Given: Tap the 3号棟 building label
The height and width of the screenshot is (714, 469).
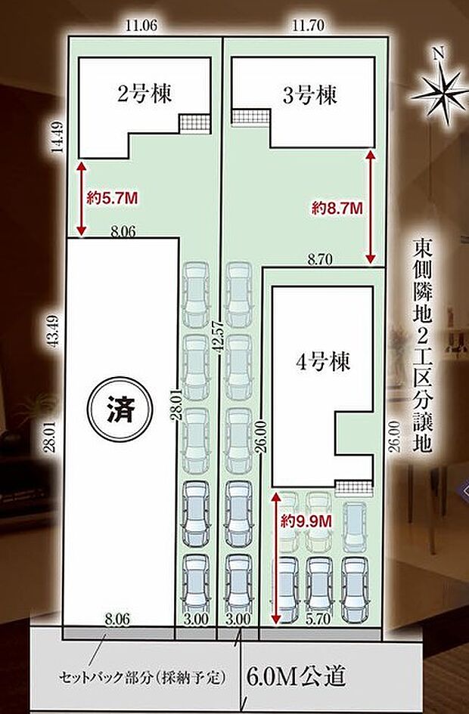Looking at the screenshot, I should [x=309, y=96].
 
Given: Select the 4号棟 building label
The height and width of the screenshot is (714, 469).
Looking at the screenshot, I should [x=322, y=362].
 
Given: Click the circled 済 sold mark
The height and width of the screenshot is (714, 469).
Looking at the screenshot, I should [x=117, y=413].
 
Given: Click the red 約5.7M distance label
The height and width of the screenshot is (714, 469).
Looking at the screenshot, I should [x=111, y=198].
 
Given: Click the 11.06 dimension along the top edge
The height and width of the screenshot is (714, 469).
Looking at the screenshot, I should [x=141, y=26].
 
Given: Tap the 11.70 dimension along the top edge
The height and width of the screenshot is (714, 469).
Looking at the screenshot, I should [x=309, y=26].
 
